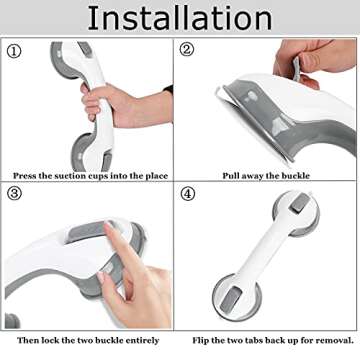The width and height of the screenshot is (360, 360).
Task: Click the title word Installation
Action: pyautogui.click(x=180, y=19)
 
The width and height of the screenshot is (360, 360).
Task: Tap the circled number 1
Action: pyautogui.click(x=13, y=50)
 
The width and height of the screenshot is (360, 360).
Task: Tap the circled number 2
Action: pyautogui.click(x=188, y=50)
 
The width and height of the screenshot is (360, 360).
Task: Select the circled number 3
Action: pyautogui.click(x=13, y=193)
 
